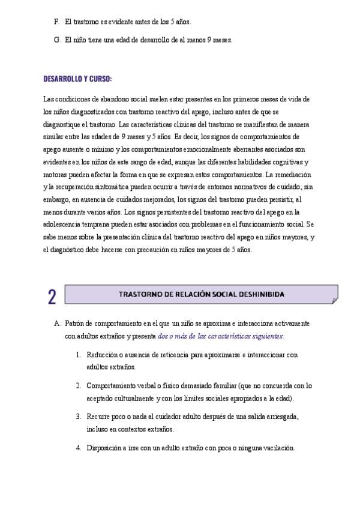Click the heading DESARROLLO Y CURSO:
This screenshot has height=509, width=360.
77,79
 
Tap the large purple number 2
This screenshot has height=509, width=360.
52,297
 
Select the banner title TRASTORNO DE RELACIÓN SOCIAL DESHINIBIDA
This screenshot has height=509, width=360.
202,294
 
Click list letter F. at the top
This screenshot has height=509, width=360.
56,22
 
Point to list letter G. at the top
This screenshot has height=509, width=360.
56,40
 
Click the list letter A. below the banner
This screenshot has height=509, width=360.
57,323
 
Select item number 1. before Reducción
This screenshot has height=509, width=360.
79,354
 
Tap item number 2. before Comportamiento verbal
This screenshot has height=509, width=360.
79,385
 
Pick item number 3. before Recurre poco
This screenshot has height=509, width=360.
79,416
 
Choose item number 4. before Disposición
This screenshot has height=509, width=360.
79,447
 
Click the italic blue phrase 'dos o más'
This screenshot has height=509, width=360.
174,336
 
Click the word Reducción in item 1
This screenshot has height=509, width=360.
102,354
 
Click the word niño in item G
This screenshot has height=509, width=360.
81,40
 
